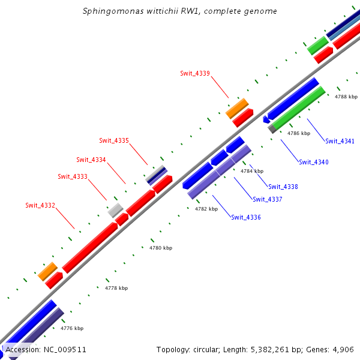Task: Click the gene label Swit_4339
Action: click(195, 73)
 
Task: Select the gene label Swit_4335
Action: click(114, 140)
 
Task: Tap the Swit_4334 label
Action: click(91, 160)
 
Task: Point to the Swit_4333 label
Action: click(73, 176)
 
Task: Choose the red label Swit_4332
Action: click(40, 205)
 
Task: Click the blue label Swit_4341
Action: click(340, 142)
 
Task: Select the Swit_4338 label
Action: click(283, 187)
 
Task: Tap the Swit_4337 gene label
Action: click(268, 199)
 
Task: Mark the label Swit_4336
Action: click(246, 217)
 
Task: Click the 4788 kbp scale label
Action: click(346, 97)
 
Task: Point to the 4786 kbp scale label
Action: click(299, 133)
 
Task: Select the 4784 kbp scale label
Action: click(252, 171)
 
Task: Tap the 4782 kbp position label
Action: click(206, 209)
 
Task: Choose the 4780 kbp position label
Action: click(161, 247)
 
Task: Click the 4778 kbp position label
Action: click(116, 288)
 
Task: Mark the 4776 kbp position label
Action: click(72, 328)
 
